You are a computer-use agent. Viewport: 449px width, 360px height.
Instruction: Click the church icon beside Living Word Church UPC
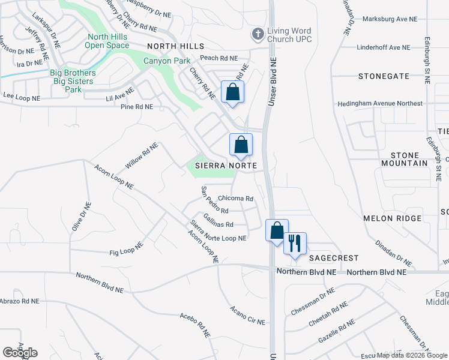coord(258,34)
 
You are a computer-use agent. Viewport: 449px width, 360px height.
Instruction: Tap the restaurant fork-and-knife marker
coord(295,244)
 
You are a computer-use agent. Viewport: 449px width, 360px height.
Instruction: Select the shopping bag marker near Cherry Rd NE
coord(233,92)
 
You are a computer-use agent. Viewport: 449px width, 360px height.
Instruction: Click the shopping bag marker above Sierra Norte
coord(241,145)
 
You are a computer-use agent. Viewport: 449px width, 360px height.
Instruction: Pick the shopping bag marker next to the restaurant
coord(277,231)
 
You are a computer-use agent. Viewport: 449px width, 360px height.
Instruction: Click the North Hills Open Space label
coord(107,41)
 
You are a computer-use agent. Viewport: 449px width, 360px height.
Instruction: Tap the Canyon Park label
coord(166,61)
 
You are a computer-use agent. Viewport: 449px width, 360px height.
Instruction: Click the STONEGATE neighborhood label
coord(384,76)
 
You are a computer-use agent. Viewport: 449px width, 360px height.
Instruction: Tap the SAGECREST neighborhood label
coord(334,258)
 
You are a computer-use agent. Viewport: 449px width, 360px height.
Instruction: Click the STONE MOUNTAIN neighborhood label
coord(405,159)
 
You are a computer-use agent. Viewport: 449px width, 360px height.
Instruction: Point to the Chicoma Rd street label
coord(235,199)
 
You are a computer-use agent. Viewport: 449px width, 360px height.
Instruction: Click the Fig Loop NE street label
coord(126,249)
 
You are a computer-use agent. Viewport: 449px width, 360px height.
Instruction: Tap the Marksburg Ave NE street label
coord(390,19)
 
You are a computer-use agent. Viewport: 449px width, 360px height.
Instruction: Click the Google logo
coord(20,353)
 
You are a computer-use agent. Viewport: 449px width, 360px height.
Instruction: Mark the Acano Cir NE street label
coord(247,316)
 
